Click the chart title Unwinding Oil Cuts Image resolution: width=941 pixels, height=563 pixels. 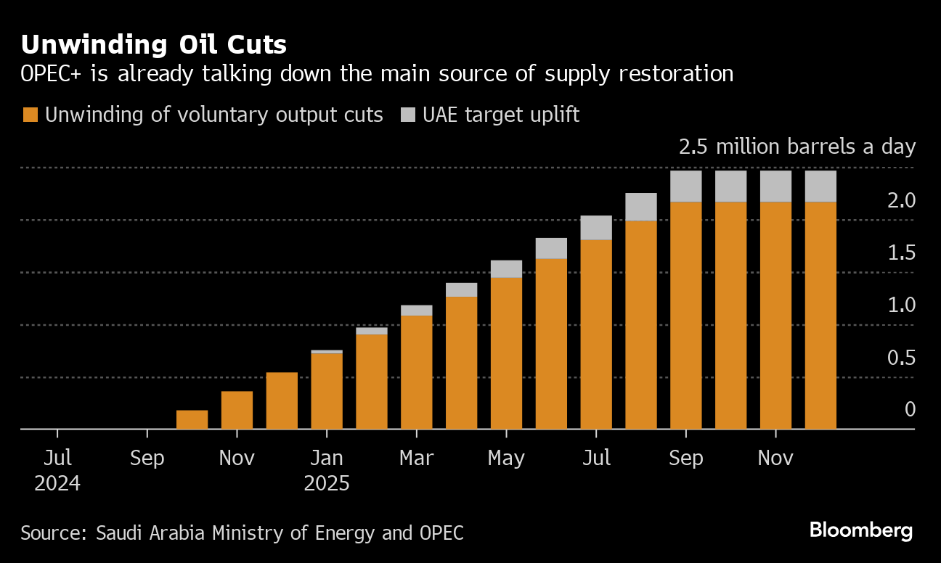point(154,45)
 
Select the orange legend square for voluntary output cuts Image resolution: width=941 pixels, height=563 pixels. point(30,115)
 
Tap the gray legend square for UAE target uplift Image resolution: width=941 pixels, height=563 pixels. point(409,115)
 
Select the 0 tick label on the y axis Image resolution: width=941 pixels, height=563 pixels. point(910,410)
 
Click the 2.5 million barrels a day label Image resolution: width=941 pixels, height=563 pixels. point(797,147)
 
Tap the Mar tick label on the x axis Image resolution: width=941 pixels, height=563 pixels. point(416,459)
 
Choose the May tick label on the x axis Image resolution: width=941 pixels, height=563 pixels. point(506,459)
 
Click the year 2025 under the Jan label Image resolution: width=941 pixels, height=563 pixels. point(327,483)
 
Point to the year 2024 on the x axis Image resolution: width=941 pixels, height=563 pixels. point(57,483)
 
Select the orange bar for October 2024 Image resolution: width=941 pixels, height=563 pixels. point(192,420)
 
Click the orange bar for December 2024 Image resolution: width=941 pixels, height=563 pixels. point(282,401)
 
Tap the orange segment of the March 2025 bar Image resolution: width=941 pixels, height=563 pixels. point(417,373)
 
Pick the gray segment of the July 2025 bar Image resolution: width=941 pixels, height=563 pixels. point(596,228)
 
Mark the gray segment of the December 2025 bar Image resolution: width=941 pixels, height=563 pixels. point(820,186)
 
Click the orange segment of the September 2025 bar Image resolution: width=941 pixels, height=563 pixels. point(686,316)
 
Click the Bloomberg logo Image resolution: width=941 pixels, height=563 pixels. point(861,530)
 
